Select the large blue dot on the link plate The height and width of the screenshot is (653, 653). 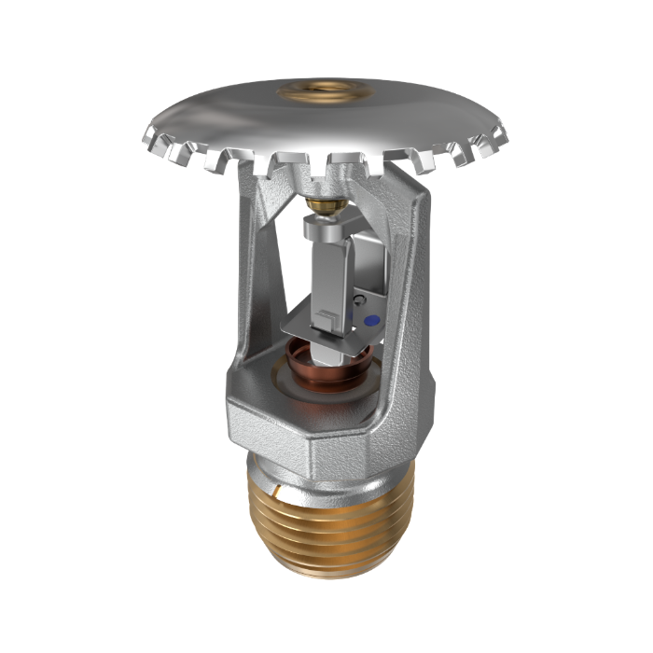point(371,319)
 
